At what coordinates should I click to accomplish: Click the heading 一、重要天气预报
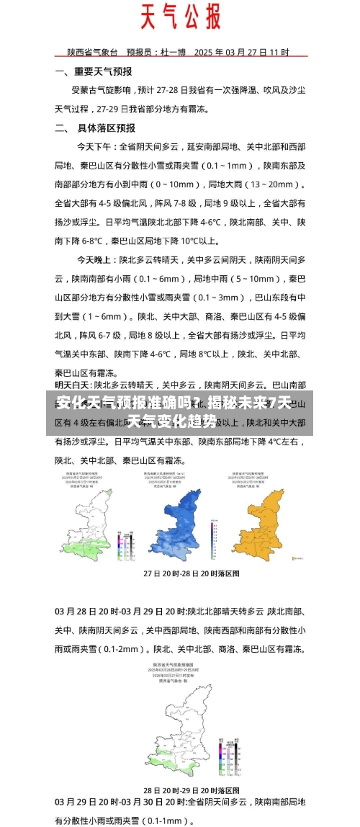[x=94, y=72]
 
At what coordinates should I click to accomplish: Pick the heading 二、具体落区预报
[x=95, y=128]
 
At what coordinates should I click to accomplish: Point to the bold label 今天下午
[x=96, y=146]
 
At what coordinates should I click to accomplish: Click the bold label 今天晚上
[x=96, y=258]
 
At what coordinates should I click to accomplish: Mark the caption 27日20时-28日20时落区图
[x=181, y=573]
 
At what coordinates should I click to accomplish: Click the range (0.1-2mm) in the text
[x=120, y=648]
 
